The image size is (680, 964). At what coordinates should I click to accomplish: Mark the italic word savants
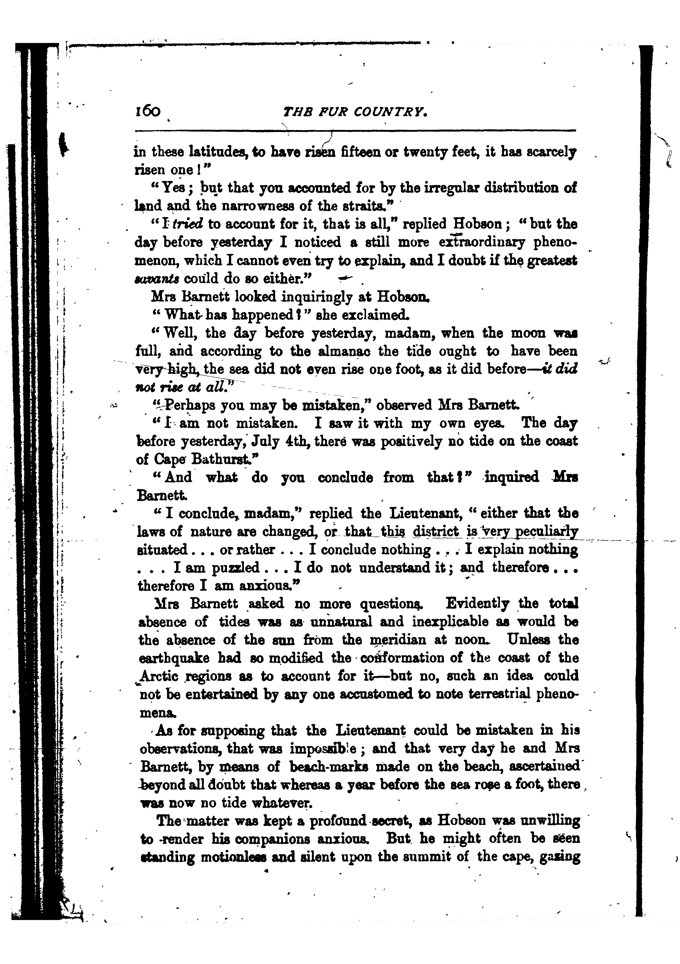point(157,279)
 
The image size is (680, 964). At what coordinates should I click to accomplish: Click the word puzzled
point(235,568)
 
